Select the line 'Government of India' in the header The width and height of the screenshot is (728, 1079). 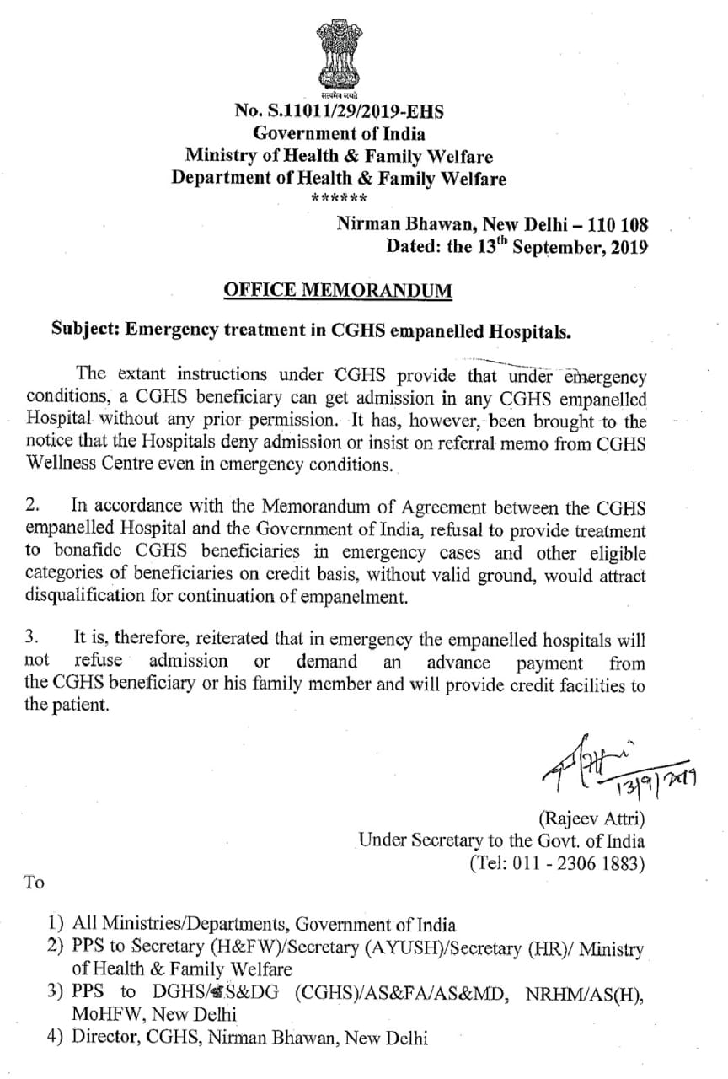pos(340,133)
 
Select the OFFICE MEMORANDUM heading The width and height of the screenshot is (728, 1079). pos(338,291)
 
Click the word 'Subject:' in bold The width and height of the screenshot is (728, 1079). pos(85,330)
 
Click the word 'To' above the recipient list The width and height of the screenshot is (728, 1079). pos(34,883)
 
